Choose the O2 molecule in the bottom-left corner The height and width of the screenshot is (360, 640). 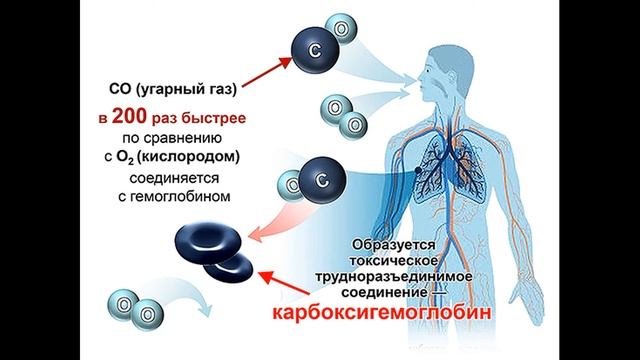tap(131, 306)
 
